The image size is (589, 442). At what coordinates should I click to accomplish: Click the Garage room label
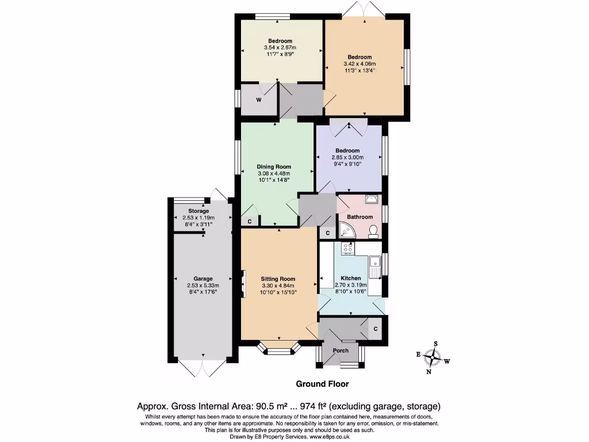[203, 279]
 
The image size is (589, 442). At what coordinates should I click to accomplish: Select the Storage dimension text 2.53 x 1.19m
[198, 218]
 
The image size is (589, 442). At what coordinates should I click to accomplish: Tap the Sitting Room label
[278, 279]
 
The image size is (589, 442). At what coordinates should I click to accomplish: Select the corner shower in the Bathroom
[347, 230]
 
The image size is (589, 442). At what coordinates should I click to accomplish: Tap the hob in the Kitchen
[348, 248]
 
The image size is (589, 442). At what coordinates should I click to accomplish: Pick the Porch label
[341, 350]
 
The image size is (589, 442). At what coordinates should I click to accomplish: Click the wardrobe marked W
[259, 100]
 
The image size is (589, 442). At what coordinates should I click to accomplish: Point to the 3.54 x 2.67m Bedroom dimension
[280, 47]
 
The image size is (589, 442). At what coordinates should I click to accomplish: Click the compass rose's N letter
[428, 372]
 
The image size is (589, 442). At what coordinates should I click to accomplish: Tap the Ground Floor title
[322, 384]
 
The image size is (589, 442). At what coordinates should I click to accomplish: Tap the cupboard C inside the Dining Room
[250, 222]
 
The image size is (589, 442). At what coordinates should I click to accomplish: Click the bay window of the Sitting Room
[278, 349]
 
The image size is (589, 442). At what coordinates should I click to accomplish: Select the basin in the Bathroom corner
[372, 200]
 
